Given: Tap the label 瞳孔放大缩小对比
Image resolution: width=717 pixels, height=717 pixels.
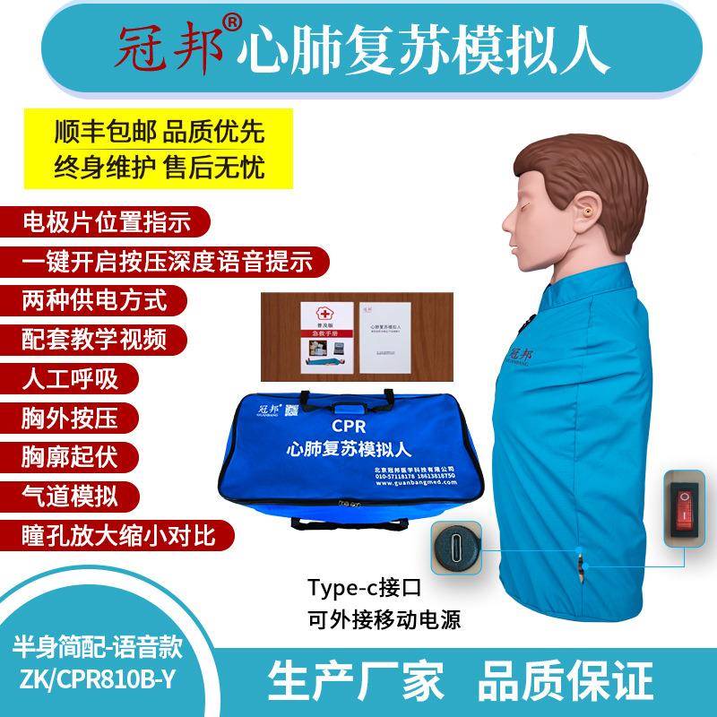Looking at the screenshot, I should click(x=112, y=534).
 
